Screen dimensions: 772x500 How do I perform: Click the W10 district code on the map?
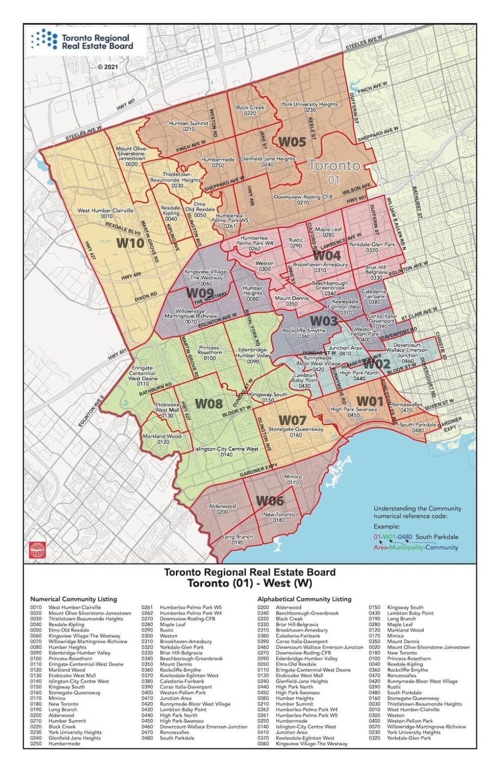pyautogui.click(x=130, y=243)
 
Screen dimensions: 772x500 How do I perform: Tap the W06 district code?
pyautogui.click(x=270, y=501)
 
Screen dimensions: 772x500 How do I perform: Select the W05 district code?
pyautogui.click(x=291, y=142)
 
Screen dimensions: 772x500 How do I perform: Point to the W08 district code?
pyautogui.click(x=209, y=404)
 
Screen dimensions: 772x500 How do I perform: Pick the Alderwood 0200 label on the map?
pyautogui.click(x=222, y=508)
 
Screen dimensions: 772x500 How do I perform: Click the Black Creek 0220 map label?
pyautogui.click(x=250, y=110)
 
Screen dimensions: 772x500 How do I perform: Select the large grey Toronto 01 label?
pyautogui.click(x=334, y=171)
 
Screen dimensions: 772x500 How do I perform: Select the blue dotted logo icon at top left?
pyautogui.click(x=44, y=39)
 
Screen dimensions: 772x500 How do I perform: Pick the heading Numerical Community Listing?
pyautogui.click(x=73, y=599)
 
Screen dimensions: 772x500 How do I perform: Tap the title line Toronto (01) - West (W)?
pyautogui.click(x=249, y=583)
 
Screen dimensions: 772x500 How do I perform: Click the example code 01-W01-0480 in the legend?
pyautogui.click(x=394, y=537)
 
